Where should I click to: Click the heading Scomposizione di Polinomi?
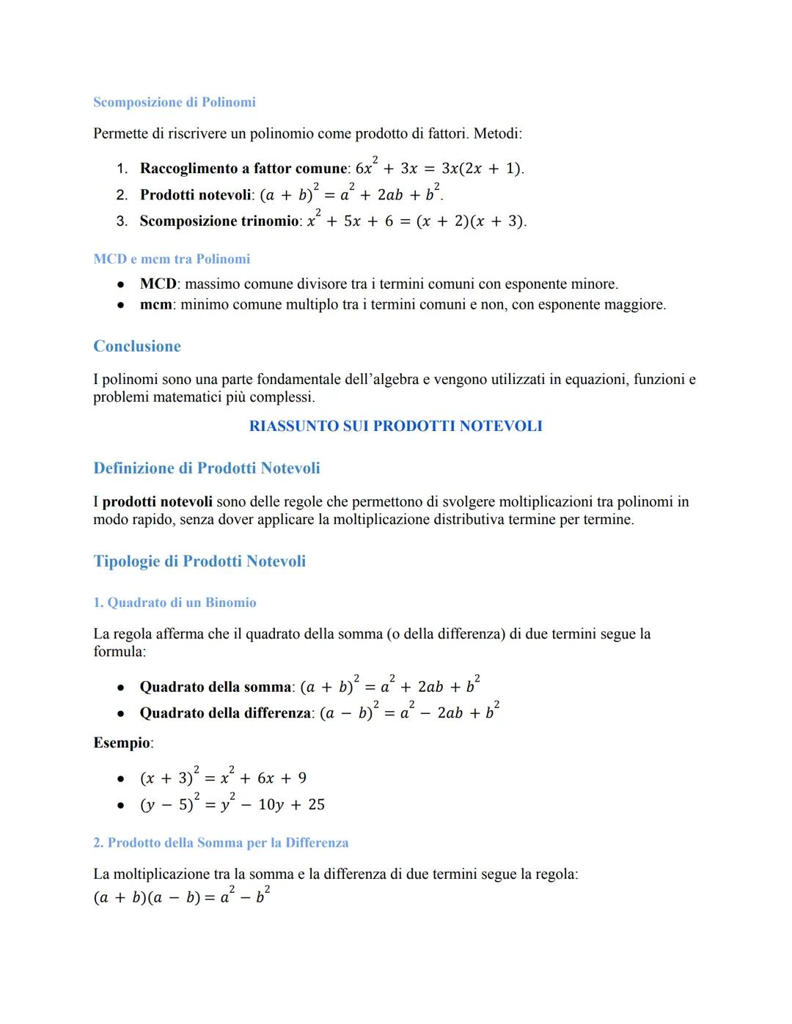click(x=175, y=102)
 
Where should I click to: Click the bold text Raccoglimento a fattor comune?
click(x=243, y=169)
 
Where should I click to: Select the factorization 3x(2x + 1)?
click(x=483, y=169)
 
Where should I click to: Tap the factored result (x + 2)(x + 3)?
click(x=470, y=221)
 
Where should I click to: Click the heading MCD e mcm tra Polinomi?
click(x=172, y=259)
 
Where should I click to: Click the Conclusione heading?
click(x=137, y=346)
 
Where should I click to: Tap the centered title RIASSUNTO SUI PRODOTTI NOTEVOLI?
click(x=396, y=426)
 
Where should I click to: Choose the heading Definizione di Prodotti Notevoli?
click(x=207, y=468)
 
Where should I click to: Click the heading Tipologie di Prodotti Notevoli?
click(x=199, y=561)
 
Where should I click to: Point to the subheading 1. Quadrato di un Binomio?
click(x=175, y=603)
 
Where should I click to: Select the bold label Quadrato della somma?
click(x=216, y=688)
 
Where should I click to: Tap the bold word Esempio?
click(x=122, y=743)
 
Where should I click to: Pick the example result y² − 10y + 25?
click(x=272, y=805)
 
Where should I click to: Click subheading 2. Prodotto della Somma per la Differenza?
click(x=221, y=842)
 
